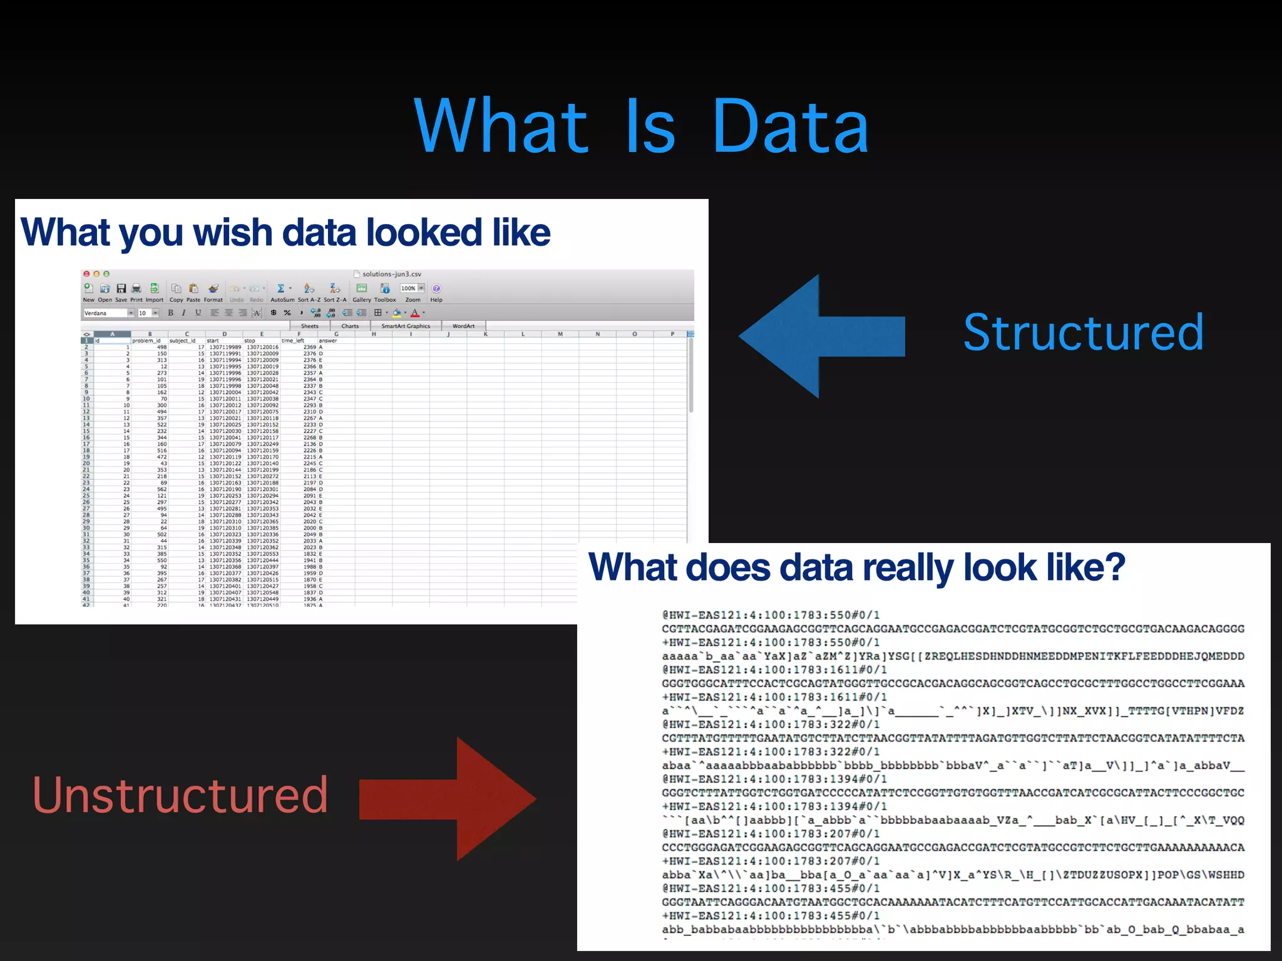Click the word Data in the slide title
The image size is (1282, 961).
(x=790, y=127)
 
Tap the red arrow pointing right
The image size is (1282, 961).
(x=451, y=799)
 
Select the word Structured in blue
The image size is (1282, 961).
(x=1083, y=332)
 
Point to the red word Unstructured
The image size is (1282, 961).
(x=180, y=795)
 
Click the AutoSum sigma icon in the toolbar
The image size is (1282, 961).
(x=281, y=288)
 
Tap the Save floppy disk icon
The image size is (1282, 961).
(x=121, y=288)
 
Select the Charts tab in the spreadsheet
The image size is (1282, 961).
(x=350, y=326)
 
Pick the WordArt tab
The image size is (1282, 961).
(x=463, y=326)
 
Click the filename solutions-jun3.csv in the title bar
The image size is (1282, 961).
(x=391, y=274)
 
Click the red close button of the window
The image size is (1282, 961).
(x=86, y=274)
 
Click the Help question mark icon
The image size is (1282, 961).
(x=436, y=288)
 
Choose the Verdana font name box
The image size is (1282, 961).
(x=105, y=313)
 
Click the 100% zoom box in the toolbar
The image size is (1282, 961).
(x=409, y=288)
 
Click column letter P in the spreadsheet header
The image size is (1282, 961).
(x=672, y=334)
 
